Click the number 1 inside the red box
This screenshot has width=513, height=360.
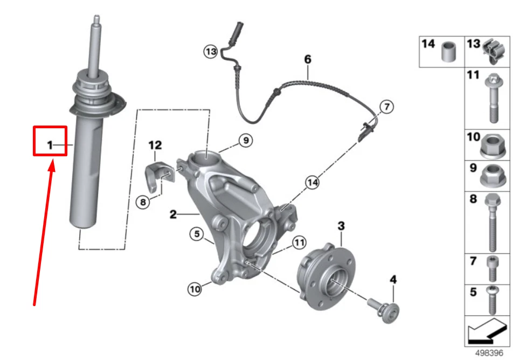tap(50, 145)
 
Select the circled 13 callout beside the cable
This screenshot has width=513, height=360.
tap(210, 52)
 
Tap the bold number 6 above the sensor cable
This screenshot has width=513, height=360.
tap(308, 59)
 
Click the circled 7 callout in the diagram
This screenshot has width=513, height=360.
tap(386, 107)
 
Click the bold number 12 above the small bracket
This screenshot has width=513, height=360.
tap(155, 145)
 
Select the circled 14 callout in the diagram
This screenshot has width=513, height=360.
tap(312, 183)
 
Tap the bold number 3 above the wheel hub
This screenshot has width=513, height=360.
tap(341, 225)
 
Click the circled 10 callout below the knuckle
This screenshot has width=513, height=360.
tap(194, 289)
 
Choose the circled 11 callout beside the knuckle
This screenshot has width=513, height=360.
tap(299, 243)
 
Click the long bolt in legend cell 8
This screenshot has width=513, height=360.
tap(493, 222)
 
